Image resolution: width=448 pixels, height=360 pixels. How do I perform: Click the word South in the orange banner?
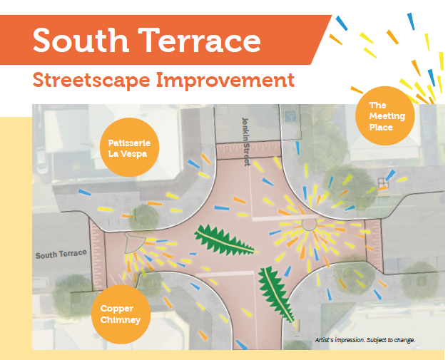[81, 40]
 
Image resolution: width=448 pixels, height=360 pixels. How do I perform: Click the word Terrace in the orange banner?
[200, 40]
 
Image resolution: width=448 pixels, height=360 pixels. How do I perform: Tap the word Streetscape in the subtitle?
[91, 81]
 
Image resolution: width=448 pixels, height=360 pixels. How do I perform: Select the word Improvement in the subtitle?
[225, 81]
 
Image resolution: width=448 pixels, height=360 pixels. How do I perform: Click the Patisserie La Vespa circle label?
[129, 147]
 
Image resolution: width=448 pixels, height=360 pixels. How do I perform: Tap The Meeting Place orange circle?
[385, 115]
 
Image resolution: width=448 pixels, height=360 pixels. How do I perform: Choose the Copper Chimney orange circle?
[121, 314]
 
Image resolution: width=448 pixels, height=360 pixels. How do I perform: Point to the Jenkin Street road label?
[245, 142]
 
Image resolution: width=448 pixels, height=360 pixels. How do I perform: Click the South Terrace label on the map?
[61, 254]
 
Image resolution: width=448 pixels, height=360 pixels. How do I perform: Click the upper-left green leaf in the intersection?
[224, 240]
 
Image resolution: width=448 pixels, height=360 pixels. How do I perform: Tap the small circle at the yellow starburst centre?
[309, 224]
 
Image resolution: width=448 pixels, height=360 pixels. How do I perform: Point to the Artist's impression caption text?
[365, 340]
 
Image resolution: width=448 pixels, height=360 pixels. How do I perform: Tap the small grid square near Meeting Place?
[382, 182]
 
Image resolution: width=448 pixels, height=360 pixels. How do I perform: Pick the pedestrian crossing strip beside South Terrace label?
[98, 254]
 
